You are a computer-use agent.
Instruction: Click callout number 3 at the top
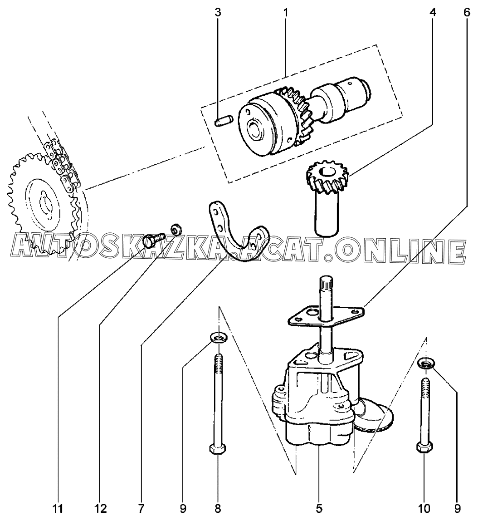click(218, 12)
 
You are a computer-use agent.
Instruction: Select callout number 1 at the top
click(286, 12)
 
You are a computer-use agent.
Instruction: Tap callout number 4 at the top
click(433, 12)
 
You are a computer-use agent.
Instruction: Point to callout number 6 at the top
click(467, 12)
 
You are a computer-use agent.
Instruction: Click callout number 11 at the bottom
click(58, 509)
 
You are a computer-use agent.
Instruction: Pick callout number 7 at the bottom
click(141, 509)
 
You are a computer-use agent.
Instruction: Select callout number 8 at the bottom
click(218, 509)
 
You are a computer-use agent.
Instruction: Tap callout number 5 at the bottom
click(319, 509)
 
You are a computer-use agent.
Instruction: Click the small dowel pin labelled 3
click(223, 122)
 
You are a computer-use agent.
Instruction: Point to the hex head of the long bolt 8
click(217, 449)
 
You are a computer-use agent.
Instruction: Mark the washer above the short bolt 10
click(425, 363)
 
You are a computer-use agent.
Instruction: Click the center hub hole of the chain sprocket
click(44, 200)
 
